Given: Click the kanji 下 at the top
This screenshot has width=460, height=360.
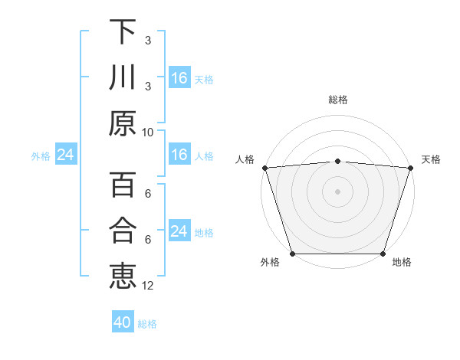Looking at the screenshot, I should coord(123,31).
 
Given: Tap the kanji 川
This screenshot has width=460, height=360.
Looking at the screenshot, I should coord(123,78).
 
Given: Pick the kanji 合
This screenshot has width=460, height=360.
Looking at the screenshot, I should coord(123,231).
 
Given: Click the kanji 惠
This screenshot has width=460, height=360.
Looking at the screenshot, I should coord(123,277).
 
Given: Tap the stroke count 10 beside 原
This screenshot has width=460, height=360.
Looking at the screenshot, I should coord(148,132).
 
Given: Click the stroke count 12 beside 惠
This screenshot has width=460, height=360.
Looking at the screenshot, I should coord(148,286).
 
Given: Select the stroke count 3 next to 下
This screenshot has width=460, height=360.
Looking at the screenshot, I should coord(148,40).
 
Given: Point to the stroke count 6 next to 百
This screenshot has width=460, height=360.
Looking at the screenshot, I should coord(148,193).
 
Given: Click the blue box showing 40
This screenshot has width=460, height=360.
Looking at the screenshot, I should coord(123,322).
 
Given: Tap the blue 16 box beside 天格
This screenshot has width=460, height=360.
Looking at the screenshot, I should coord(179,78).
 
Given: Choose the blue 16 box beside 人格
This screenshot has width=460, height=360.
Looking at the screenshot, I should coord(179,155).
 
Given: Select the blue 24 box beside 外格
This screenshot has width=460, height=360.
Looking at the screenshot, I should coord(65,155).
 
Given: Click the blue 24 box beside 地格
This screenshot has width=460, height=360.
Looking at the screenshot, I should coord(179,231).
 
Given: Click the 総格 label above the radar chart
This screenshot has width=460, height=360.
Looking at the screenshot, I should coord(337,100).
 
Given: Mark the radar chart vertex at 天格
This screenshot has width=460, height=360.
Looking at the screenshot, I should coord(411,167).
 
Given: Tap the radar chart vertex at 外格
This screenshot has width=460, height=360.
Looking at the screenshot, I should coord(292,254).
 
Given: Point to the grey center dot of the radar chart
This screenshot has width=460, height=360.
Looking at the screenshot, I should coord(337,191).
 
